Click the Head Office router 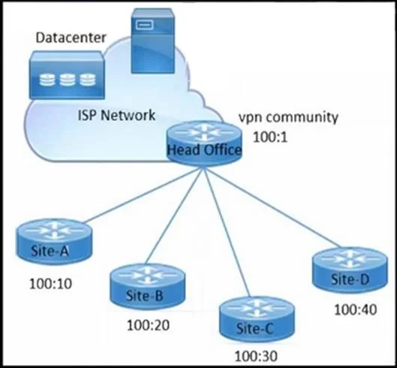click(204, 143)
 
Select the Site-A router click(54, 242)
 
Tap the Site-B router click(148, 286)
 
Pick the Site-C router click(257, 320)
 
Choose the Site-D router click(350, 270)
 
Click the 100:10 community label click(50, 284)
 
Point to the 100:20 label click(148, 325)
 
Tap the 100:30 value click(256, 356)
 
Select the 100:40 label click(356, 309)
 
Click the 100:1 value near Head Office click(270, 137)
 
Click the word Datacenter click(71, 38)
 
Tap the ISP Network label click(116, 116)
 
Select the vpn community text click(289, 118)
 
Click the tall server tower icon click(152, 41)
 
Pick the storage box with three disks click(67, 75)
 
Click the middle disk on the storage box click(68, 80)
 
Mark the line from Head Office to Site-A click(143, 195)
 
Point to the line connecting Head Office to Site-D click(272, 207)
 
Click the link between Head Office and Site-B click(175, 216)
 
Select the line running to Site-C click(227, 232)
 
